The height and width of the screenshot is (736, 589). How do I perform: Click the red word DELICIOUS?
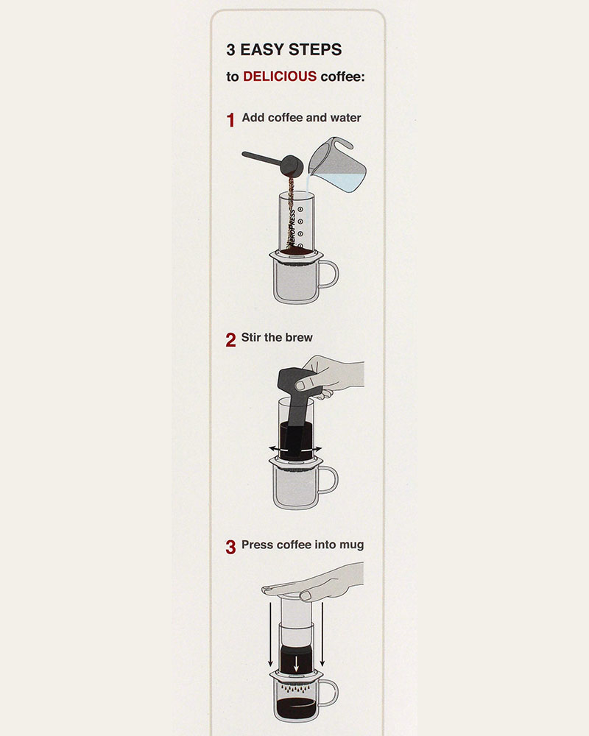[x=280, y=76]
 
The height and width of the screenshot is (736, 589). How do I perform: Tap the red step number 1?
[x=230, y=120]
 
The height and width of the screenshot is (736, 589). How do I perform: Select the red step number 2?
[x=230, y=339]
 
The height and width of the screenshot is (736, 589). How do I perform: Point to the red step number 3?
[x=230, y=547]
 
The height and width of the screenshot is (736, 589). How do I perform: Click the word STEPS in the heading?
[x=315, y=49]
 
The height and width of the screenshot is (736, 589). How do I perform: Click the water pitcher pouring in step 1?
[x=336, y=164]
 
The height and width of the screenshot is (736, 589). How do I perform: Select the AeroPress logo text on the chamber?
[x=292, y=227]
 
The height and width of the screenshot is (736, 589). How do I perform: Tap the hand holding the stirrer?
[x=331, y=376]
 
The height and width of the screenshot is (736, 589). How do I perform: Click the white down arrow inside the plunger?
[x=296, y=664]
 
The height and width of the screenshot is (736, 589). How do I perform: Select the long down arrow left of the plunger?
[x=270, y=634]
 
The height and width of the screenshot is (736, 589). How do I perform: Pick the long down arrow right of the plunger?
[x=322, y=634]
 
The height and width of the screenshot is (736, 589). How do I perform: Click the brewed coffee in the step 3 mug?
[x=296, y=708]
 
